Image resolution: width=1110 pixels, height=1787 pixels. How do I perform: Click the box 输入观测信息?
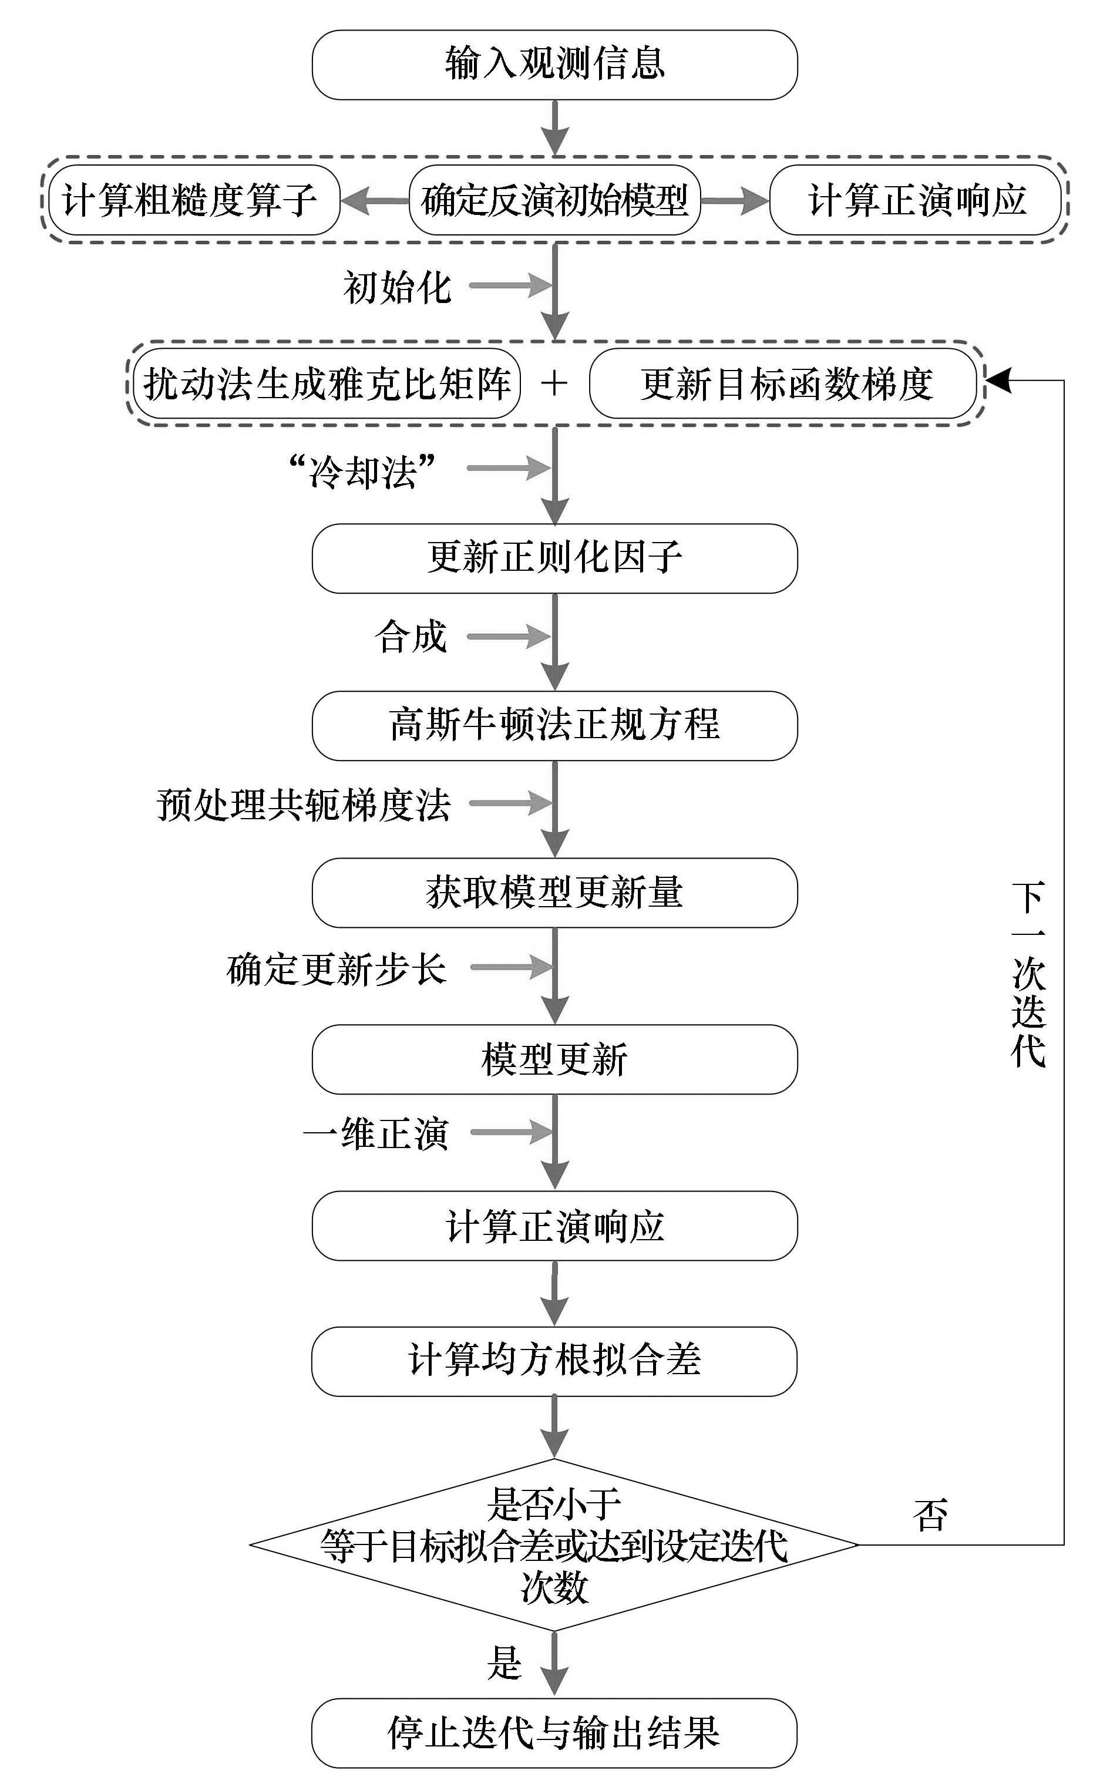(x=555, y=65)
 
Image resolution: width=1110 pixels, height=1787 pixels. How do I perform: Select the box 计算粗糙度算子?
(x=194, y=200)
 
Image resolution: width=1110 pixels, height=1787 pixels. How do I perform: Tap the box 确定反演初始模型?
(x=555, y=200)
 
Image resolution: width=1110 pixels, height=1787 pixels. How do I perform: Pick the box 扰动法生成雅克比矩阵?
(x=327, y=383)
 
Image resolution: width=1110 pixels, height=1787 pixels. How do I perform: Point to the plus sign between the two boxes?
(x=554, y=383)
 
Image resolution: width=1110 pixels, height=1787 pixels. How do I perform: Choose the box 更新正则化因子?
(x=555, y=558)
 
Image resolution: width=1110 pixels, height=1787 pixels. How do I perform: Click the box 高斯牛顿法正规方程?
(x=555, y=725)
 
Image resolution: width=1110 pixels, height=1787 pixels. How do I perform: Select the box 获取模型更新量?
(x=555, y=893)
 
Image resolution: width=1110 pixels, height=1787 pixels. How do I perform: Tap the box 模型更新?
(x=555, y=1059)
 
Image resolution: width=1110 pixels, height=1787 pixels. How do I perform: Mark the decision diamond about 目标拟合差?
(x=554, y=1545)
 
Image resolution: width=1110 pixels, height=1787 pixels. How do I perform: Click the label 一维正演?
(x=376, y=1134)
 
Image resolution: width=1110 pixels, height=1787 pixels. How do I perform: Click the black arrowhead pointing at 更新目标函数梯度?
(x=998, y=380)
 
